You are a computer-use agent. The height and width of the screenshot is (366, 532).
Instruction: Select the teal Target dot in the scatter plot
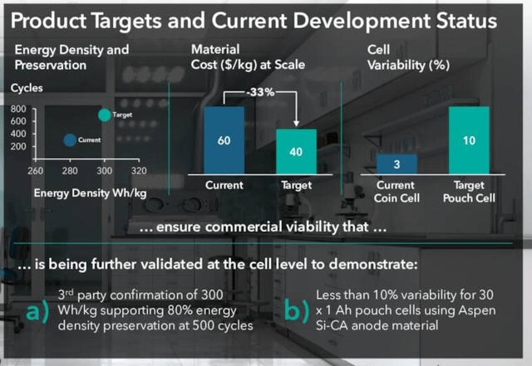point(104,115)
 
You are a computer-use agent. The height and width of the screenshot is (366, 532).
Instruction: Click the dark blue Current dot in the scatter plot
point(70,141)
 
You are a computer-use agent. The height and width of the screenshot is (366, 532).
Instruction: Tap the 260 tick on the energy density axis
point(35,171)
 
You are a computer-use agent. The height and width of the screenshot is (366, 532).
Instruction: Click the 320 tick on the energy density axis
point(139,171)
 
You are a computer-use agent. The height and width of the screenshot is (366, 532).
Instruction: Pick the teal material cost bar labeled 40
point(297,151)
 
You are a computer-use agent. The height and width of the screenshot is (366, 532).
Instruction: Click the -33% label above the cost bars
point(260,93)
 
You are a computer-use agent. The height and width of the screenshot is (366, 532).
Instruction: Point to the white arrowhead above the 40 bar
point(297,122)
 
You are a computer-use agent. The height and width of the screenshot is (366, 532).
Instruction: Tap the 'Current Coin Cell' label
point(397,192)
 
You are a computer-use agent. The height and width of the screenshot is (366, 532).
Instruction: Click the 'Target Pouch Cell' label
point(469,192)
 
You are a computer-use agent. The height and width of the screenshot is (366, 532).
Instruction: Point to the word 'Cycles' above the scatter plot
point(27,87)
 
